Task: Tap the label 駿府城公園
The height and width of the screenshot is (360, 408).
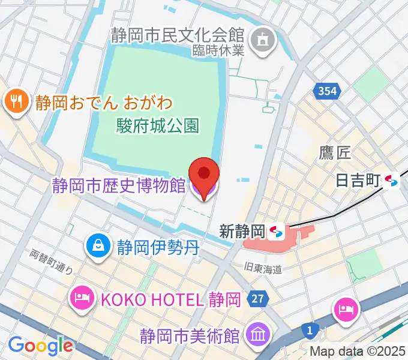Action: pos(157,125)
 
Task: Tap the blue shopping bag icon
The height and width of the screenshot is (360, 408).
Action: pos(97,245)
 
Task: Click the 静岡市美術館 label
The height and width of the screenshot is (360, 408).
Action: pos(190,334)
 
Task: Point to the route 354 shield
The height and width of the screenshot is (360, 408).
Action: pos(328,91)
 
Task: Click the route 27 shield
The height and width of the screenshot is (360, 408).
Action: pos(259,299)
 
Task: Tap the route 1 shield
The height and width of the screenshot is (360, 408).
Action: pos(310,329)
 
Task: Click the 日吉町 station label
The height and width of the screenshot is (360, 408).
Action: pos(358,181)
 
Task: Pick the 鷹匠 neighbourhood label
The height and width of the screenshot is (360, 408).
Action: pos(334,154)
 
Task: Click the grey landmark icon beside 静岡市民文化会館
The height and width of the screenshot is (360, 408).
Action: pos(262,40)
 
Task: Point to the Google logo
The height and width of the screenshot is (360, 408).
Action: pos(40,345)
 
